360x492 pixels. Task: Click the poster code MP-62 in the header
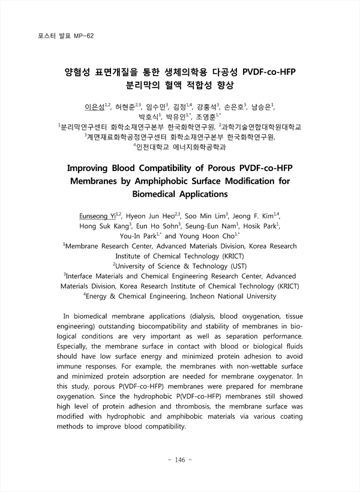[x=83, y=36]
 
